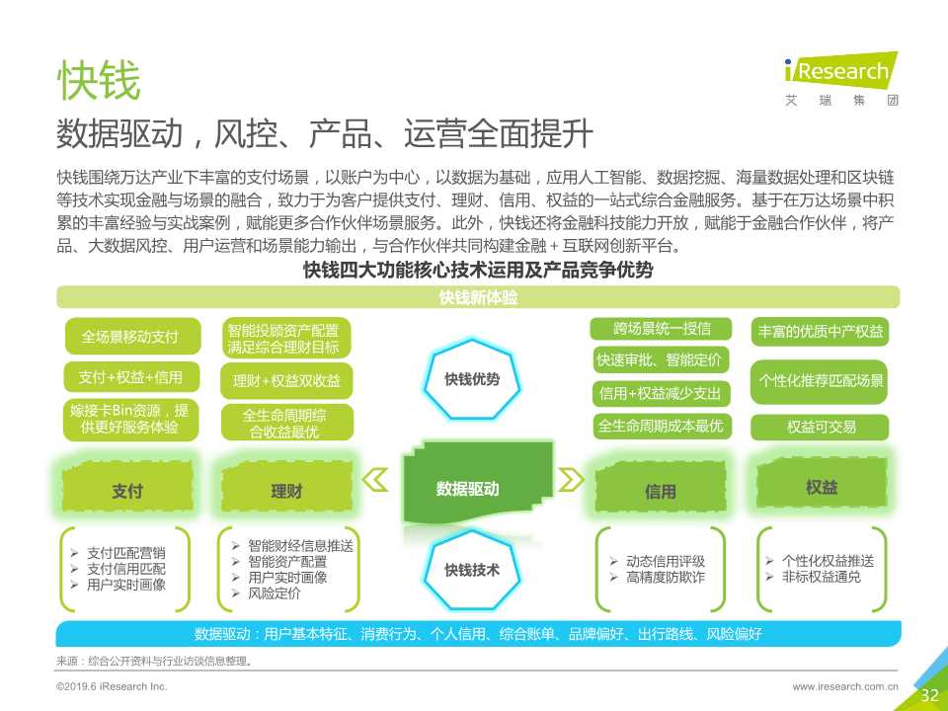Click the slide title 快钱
[98, 82]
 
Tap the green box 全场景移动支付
[129, 337]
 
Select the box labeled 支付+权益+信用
[129, 377]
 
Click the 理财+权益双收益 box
[285, 380]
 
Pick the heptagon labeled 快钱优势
[471, 378]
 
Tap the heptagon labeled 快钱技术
[471, 570]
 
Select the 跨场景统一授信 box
[661, 329]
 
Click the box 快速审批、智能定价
[661, 360]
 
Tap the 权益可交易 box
[821, 427]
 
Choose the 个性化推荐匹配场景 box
[821, 380]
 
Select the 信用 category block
[661, 489]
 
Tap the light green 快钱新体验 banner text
[478, 297]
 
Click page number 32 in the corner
[929, 695]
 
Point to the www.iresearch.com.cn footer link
[845, 685]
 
